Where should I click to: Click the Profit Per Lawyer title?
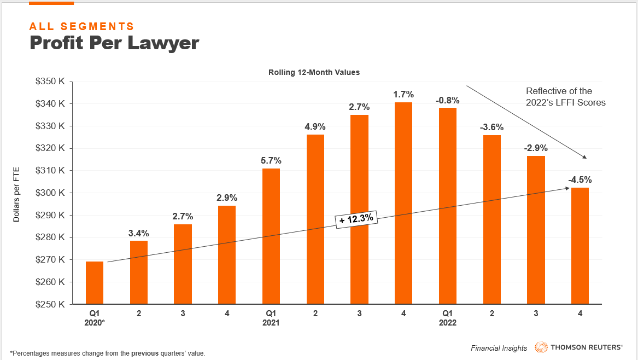pos(114,43)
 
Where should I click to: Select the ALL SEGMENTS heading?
pos(81,26)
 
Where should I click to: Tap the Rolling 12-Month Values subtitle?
pos(314,72)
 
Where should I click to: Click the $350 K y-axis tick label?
pos(50,82)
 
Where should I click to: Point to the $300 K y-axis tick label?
pos(50,193)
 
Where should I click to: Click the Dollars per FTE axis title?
pos(16,193)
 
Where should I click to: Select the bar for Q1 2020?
pos(95,283)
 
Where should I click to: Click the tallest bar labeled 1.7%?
pos(403,203)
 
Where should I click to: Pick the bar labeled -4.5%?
pos(580,246)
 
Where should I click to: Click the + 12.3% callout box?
pos(356,219)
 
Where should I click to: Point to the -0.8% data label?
pos(448,100)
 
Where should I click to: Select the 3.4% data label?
pos(138,233)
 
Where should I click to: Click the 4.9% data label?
pos(315,127)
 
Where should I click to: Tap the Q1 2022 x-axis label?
pos(448,318)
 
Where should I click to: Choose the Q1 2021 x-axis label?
pos(271,318)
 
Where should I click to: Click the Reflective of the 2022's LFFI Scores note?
pos(565,96)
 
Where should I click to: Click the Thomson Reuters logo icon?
pos(541,347)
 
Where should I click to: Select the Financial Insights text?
pos(499,348)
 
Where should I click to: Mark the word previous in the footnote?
pos(144,353)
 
